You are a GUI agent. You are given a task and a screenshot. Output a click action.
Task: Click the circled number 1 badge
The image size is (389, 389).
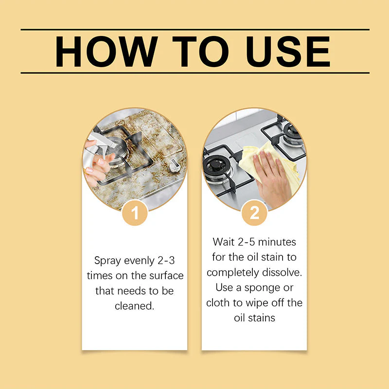pos(135,213)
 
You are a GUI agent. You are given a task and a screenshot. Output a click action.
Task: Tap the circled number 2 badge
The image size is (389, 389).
pos(254,213)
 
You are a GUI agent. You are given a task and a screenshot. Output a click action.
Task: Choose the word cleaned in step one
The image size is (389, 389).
pos(134,306)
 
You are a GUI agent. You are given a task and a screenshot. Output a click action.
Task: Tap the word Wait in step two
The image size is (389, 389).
pos(224,242)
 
